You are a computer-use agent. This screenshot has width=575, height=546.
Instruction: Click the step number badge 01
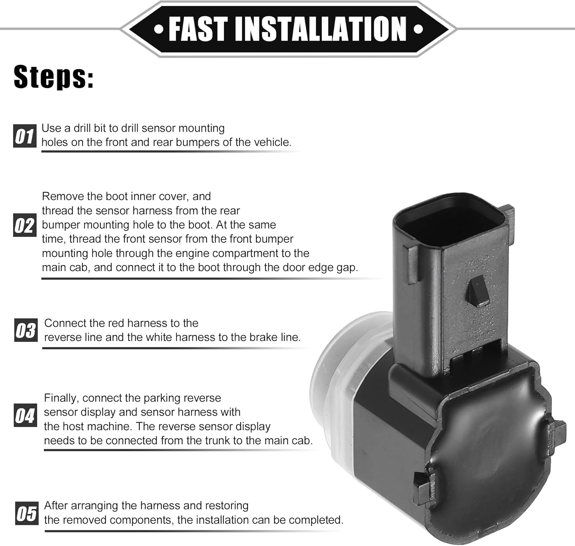click(x=25, y=136)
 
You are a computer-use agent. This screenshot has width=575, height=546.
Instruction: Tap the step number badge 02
click(x=25, y=225)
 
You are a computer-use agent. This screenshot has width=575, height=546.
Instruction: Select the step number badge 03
click(x=26, y=330)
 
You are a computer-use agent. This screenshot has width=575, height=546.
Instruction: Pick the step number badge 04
click(x=25, y=415)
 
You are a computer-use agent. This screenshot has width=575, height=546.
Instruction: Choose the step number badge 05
click(x=26, y=513)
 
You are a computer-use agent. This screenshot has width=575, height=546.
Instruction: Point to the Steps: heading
click(x=54, y=77)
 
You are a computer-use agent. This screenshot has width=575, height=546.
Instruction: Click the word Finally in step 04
click(x=61, y=398)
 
